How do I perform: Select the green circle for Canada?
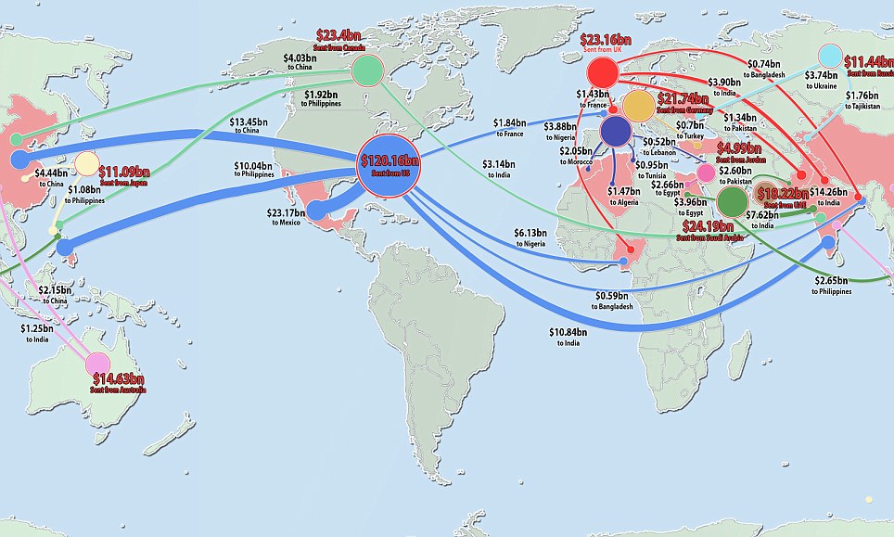click(x=367, y=70)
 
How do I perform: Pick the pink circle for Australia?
click(x=97, y=364)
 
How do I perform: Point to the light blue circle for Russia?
click(x=831, y=57)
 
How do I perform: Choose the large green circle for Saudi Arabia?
click(x=733, y=201)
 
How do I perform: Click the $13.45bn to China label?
click(x=248, y=126)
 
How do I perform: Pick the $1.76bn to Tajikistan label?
click(x=863, y=100)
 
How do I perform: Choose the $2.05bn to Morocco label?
click(x=577, y=156)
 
